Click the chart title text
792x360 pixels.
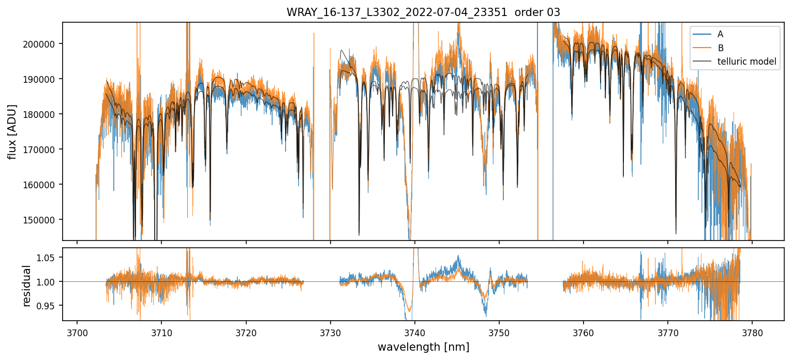tap(423, 12)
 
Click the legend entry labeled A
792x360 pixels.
tap(720, 34)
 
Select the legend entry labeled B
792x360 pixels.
tap(720, 48)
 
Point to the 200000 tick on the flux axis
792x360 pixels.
tap(40, 44)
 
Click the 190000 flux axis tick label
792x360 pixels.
tap(40, 79)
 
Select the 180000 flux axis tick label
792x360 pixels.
tap(40, 114)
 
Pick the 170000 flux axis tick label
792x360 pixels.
tap(40, 149)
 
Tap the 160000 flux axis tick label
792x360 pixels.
tap(40, 185)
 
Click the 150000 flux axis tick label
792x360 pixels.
tap(40, 220)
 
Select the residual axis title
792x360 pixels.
tap(26, 286)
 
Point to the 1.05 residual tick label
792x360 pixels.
tap(48, 258)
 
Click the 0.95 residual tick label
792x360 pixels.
tap(48, 306)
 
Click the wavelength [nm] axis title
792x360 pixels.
tap(423, 347)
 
